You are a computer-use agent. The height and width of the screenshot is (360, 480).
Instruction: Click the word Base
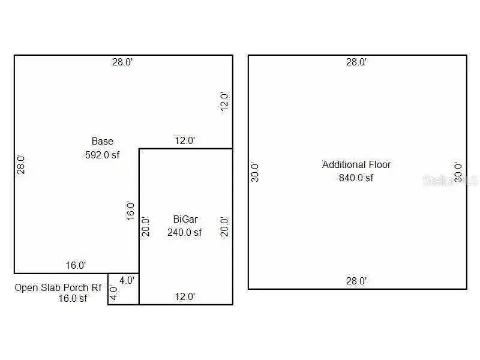click(x=102, y=142)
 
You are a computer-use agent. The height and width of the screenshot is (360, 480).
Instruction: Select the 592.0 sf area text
click(x=103, y=154)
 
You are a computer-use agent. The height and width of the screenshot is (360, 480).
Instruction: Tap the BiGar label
click(x=184, y=220)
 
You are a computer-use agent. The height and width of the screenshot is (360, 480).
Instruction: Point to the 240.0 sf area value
click(x=184, y=232)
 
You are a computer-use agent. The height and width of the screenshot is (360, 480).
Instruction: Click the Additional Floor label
click(x=356, y=164)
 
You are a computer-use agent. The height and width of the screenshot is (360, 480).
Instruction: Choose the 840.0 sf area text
click(x=356, y=178)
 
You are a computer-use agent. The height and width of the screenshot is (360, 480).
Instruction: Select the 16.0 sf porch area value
click(x=72, y=299)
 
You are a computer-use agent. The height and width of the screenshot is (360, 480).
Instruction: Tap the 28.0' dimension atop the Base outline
click(x=122, y=62)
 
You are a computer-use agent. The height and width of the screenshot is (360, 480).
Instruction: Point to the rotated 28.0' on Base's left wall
click(x=21, y=164)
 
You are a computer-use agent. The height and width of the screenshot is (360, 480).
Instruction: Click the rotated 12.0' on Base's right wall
click(x=224, y=101)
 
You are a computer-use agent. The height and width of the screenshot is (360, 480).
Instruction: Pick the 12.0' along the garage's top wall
click(x=184, y=141)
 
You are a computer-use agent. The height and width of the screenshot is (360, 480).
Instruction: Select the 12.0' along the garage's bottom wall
click(x=184, y=296)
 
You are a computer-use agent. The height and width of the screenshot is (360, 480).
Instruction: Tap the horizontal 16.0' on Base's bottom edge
click(x=76, y=265)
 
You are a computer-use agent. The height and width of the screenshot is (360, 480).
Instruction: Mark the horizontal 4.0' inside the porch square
click(x=127, y=280)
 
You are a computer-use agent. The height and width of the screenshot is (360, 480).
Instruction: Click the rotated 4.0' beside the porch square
click(x=113, y=293)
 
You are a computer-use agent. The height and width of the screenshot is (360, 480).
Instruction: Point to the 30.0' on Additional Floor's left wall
click(x=255, y=172)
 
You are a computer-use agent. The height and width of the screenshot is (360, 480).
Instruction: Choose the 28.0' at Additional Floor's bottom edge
click(x=356, y=281)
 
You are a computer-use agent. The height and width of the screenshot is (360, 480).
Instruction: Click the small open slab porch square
click(x=124, y=289)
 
